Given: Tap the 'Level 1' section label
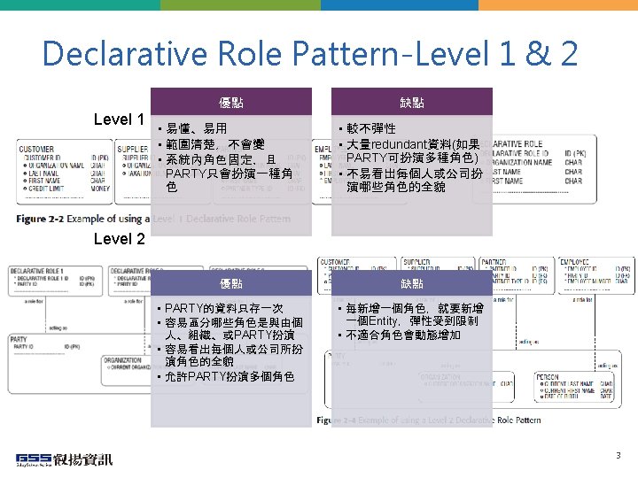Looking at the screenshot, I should [119, 119].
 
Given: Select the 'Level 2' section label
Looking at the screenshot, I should [119, 238].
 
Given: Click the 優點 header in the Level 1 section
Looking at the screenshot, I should [231, 103].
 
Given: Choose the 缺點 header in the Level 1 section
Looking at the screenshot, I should [411, 103].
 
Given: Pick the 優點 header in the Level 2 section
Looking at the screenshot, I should [231, 284].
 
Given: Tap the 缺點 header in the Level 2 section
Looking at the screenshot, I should [411, 284].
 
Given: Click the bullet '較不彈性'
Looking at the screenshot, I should [371, 129].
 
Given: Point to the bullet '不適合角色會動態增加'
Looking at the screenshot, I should [403, 335].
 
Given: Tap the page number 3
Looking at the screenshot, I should [619, 456].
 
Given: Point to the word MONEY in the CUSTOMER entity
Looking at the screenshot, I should [99, 189].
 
